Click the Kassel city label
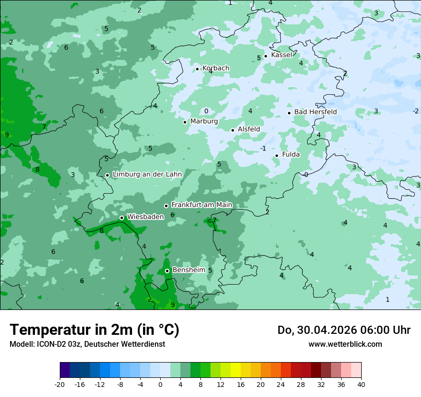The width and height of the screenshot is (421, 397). tap(281, 55)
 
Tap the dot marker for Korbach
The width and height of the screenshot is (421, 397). tap(197, 69)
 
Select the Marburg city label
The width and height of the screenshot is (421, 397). tap(204, 121)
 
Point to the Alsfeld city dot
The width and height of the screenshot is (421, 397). tap(233, 130)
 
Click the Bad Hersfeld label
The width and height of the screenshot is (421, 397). tap(315, 112)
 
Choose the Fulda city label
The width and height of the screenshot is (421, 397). tap(291, 154)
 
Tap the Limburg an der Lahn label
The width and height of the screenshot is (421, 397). tap(147, 175)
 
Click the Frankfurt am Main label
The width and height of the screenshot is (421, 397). tap(201, 205)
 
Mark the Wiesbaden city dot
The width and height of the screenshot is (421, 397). tap(122, 218)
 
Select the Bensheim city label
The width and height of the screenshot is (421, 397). tap(188, 270)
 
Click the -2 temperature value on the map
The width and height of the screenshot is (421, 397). tap(416, 111)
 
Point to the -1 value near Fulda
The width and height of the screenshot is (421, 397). tap(263, 148)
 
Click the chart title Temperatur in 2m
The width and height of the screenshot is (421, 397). tap(94, 330)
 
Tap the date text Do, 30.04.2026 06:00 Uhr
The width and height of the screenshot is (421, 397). tap(344, 330)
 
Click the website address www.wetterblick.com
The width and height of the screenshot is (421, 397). tap(345, 344)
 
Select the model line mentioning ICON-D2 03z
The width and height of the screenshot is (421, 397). tap(87, 344)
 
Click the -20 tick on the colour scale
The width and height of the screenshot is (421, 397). tap(60, 384)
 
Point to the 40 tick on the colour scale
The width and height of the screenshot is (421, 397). tap(361, 384)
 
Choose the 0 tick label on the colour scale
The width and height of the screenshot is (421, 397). tap(160, 384)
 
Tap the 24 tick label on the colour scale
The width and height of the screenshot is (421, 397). tap(280, 384)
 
